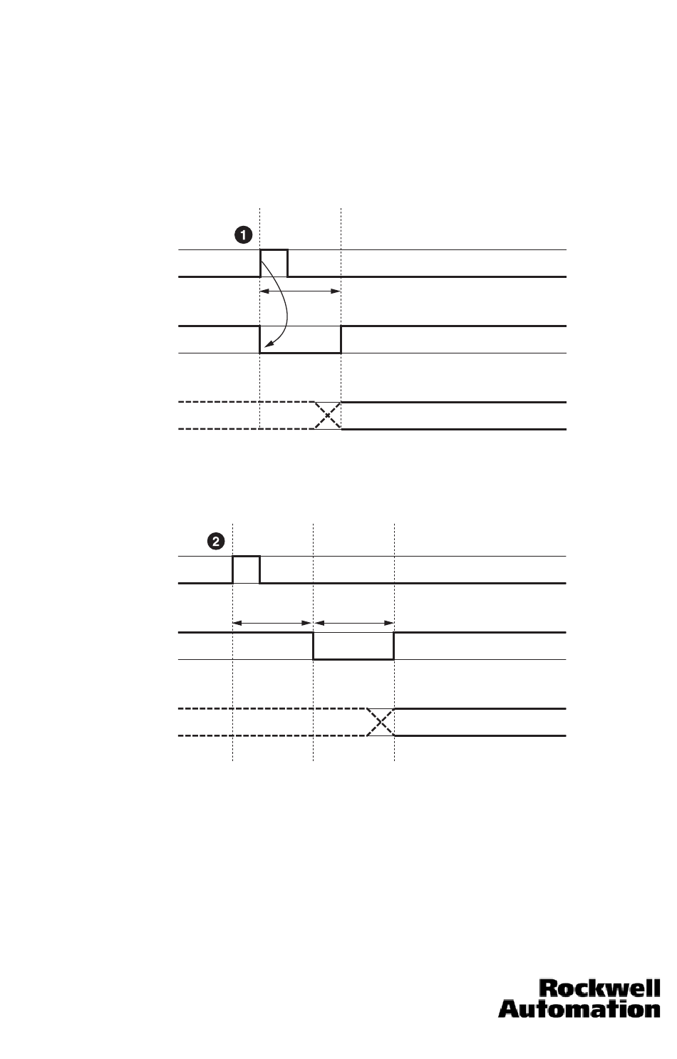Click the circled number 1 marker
[243, 234]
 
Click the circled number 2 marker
[215, 542]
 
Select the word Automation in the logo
[579, 1008]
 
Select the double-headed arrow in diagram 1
[300, 291]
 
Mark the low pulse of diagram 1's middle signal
[300, 351]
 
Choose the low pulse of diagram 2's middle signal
[353, 658]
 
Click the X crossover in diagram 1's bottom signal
[327, 415]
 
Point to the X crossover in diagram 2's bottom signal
[381, 722]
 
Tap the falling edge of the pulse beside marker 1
[288, 263]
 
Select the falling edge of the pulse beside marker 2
[260, 569]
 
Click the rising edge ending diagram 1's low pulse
[341, 339]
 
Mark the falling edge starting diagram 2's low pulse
[314, 646]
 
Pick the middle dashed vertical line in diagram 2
[314, 684]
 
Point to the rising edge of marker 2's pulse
[233, 569]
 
